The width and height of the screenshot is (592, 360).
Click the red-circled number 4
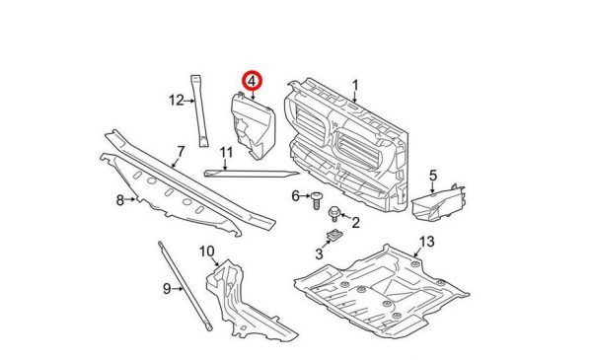point(252,81)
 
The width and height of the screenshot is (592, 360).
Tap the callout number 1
point(355,86)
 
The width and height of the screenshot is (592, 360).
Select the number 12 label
point(176,101)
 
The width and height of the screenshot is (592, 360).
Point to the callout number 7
point(181,152)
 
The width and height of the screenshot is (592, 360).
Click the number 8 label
point(120,200)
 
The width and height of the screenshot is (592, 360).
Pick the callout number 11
point(226,153)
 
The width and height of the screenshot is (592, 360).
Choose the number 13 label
point(427,241)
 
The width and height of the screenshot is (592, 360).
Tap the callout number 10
point(207,251)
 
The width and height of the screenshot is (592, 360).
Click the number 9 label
point(167,289)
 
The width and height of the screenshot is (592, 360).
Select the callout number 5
point(433,176)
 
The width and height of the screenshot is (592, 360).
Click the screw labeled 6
point(316,200)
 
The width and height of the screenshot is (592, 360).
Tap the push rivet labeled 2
point(333,214)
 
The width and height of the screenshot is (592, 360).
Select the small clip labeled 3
point(334,235)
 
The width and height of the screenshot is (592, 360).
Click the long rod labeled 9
point(185,287)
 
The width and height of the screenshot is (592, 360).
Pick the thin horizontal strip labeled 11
point(252,174)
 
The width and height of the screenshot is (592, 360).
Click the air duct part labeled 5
point(439,203)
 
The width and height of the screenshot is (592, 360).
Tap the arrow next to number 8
point(130,199)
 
